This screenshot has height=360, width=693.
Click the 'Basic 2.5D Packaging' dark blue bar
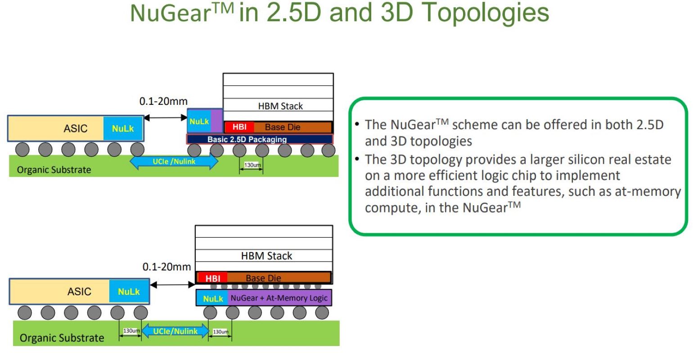(260, 139)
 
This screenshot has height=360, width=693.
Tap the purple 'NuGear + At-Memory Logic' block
(279, 298)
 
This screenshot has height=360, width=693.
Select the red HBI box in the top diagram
(239, 127)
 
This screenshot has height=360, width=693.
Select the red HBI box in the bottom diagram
(212, 278)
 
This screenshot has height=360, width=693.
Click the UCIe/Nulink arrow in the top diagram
(174, 162)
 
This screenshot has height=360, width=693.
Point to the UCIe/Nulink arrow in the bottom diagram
(175, 331)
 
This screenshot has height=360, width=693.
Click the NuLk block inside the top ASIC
(123, 128)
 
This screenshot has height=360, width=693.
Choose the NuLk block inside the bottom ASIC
(129, 291)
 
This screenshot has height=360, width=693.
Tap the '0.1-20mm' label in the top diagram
(163, 101)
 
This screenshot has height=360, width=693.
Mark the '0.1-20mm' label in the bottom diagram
(166, 266)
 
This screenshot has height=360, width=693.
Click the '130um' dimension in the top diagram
(252, 165)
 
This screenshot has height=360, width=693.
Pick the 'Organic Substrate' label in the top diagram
(54, 170)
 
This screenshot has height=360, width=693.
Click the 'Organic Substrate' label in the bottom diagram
(62, 338)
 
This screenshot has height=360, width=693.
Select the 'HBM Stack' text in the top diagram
(280, 106)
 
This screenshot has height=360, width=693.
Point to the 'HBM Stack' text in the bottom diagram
(266, 256)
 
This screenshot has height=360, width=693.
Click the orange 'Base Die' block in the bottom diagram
(279, 278)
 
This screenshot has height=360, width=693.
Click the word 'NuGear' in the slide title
(171, 13)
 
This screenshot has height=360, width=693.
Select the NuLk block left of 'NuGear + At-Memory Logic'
(212, 298)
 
